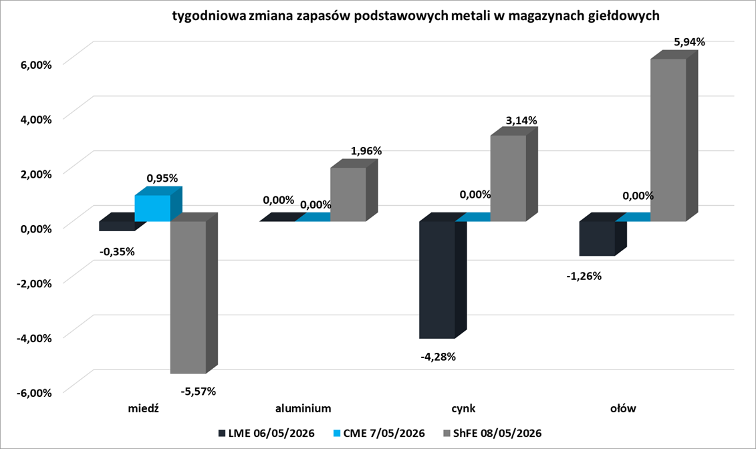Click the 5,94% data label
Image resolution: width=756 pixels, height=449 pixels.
pos(689,42)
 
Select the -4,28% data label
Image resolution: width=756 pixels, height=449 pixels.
pos(438,357)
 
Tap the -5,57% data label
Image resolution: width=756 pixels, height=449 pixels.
pos(198,391)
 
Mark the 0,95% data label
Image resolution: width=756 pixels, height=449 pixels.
pos(162,178)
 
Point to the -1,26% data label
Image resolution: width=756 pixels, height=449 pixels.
pos(584,276)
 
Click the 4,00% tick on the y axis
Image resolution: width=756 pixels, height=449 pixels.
pos(35,119)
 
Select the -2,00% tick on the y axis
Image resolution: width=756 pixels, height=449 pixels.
pos(33,283)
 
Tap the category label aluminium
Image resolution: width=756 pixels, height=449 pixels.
pos(303,408)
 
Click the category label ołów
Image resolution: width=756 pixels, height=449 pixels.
pos(623,408)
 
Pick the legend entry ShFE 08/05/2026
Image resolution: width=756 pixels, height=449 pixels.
pos(492,433)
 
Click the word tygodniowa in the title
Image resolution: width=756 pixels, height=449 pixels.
pos(209,16)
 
